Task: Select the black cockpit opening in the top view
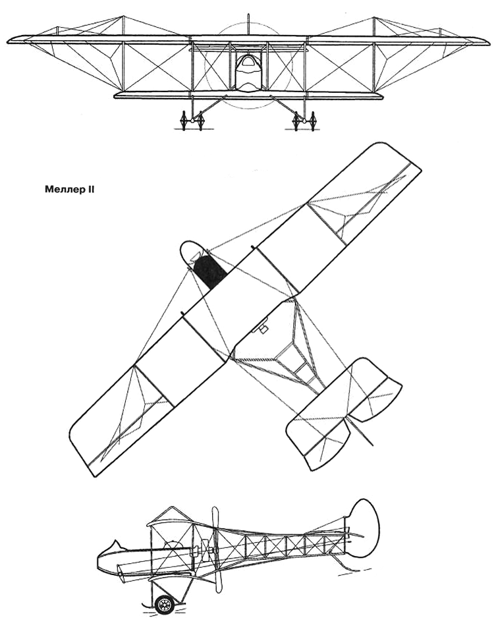(x=209, y=272)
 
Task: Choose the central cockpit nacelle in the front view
(x=248, y=73)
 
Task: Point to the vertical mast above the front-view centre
(x=248, y=23)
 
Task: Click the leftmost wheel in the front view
(x=183, y=121)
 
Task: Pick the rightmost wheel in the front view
(x=312, y=121)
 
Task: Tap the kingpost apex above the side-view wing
(x=172, y=507)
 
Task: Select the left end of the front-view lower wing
(x=115, y=96)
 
